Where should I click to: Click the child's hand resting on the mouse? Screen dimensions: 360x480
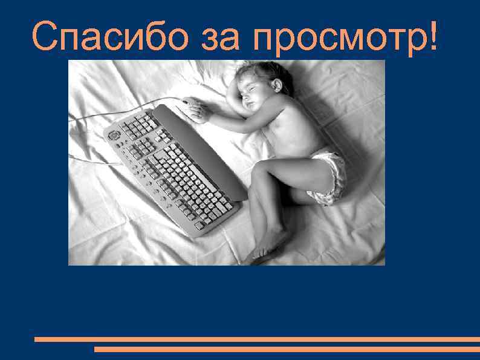click(x=203, y=111)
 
